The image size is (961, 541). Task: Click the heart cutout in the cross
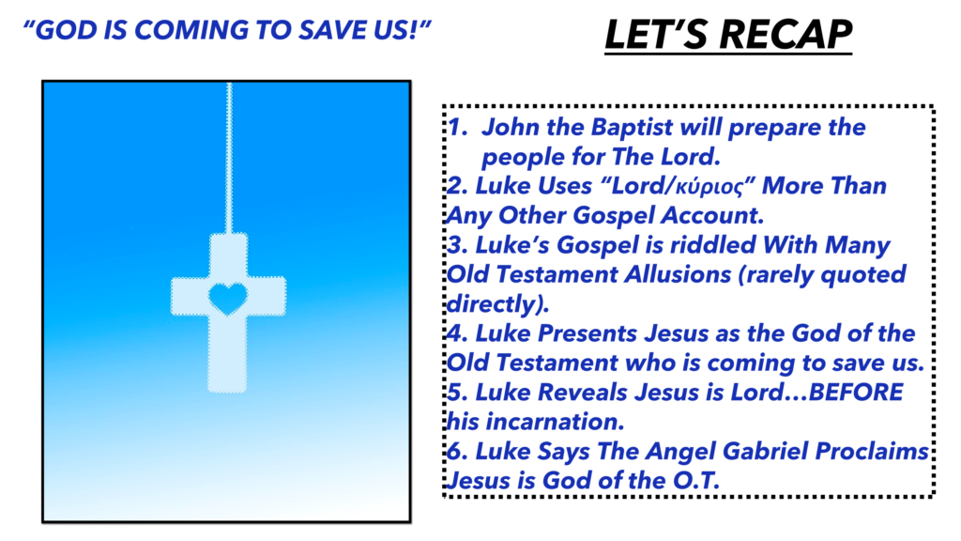(x=228, y=299)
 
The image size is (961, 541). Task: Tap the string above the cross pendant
(x=229, y=158)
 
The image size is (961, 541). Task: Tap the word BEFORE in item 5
(x=856, y=392)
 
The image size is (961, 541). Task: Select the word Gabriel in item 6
(x=760, y=451)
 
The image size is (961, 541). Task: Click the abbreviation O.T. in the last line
(x=695, y=480)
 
